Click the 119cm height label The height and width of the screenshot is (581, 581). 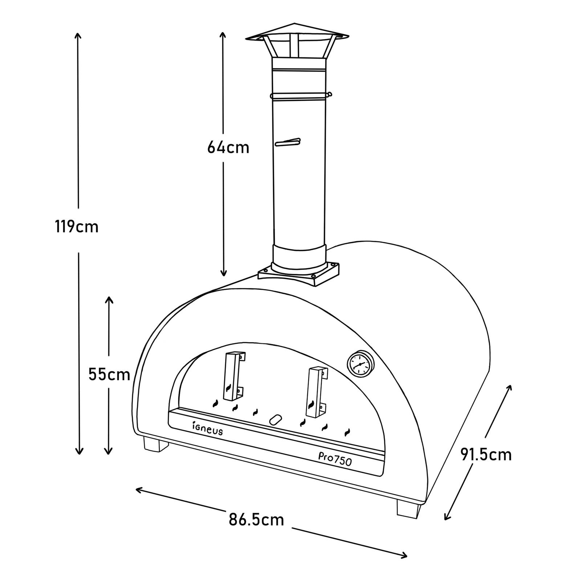(x=77, y=227)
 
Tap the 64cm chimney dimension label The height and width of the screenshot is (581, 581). (x=228, y=147)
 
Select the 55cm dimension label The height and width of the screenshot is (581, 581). (x=109, y=374)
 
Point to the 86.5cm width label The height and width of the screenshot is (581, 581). (x=256, y=520)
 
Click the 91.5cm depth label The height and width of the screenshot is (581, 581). (x=486, y=455)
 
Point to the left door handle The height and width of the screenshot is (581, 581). (x=233, y=376)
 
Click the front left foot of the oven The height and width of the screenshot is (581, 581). (x=156, y=444)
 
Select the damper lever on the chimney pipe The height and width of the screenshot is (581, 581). (x=288, y=142)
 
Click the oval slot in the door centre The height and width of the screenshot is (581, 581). (x=276, y=419)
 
